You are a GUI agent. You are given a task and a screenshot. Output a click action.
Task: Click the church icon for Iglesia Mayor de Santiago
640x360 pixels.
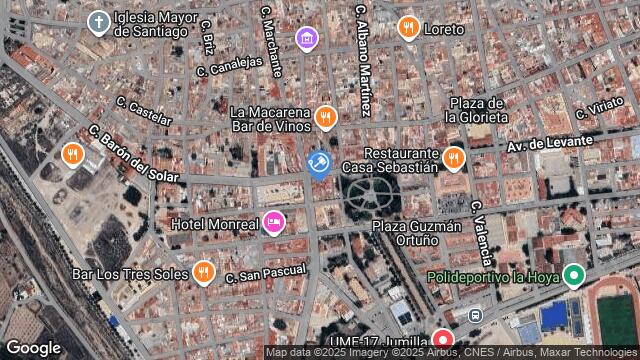pos(98,22)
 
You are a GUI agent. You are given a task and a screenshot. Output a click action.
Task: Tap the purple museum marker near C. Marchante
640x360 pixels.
pos(307,39)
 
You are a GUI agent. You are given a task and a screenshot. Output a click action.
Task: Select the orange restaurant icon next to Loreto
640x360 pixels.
pos(408,29)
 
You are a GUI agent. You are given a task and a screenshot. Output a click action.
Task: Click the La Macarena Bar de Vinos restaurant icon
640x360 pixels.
pos(325,118)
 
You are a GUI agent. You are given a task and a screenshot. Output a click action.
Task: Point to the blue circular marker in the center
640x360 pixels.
pos(319,163)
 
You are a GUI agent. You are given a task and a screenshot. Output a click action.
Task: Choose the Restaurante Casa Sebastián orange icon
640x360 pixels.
pos(454,157)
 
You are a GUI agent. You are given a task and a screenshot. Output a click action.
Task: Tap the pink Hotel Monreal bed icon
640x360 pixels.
pos(273,222)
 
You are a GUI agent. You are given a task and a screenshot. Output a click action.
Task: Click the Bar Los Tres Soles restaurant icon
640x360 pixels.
pos(204,271)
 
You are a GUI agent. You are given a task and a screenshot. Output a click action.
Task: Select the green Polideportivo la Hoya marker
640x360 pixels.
pos(573,275)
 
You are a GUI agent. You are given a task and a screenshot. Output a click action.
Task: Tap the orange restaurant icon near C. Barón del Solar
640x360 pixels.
pos(72,155)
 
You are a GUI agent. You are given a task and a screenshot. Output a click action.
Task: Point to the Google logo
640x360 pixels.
pos(33,347)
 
